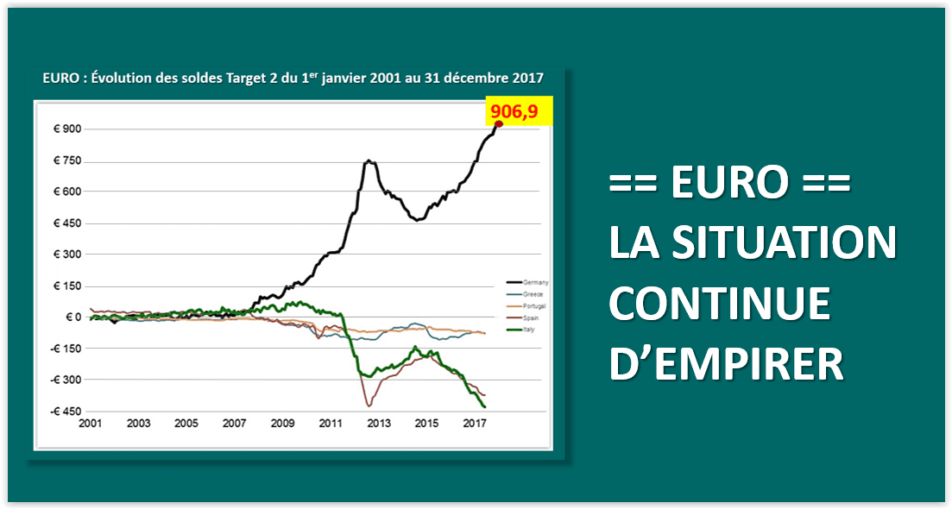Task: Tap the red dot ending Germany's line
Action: [x=498, y=124]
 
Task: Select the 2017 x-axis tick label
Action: [x=473, y=424]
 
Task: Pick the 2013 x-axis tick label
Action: [x=377, y=424]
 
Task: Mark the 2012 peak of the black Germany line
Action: [x=369, y=160]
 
